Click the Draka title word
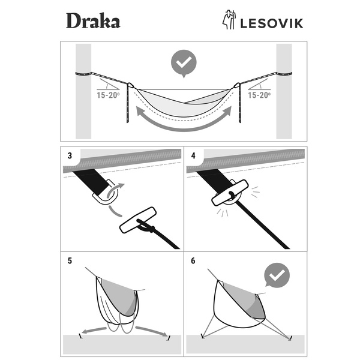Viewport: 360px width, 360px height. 92,21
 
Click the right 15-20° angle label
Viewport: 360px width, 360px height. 259,94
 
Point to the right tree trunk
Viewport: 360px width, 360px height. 283,90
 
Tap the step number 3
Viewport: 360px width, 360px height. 70,155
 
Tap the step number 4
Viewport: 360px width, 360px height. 193,155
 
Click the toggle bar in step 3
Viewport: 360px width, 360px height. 138,220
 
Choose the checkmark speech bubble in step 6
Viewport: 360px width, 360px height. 277,277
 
